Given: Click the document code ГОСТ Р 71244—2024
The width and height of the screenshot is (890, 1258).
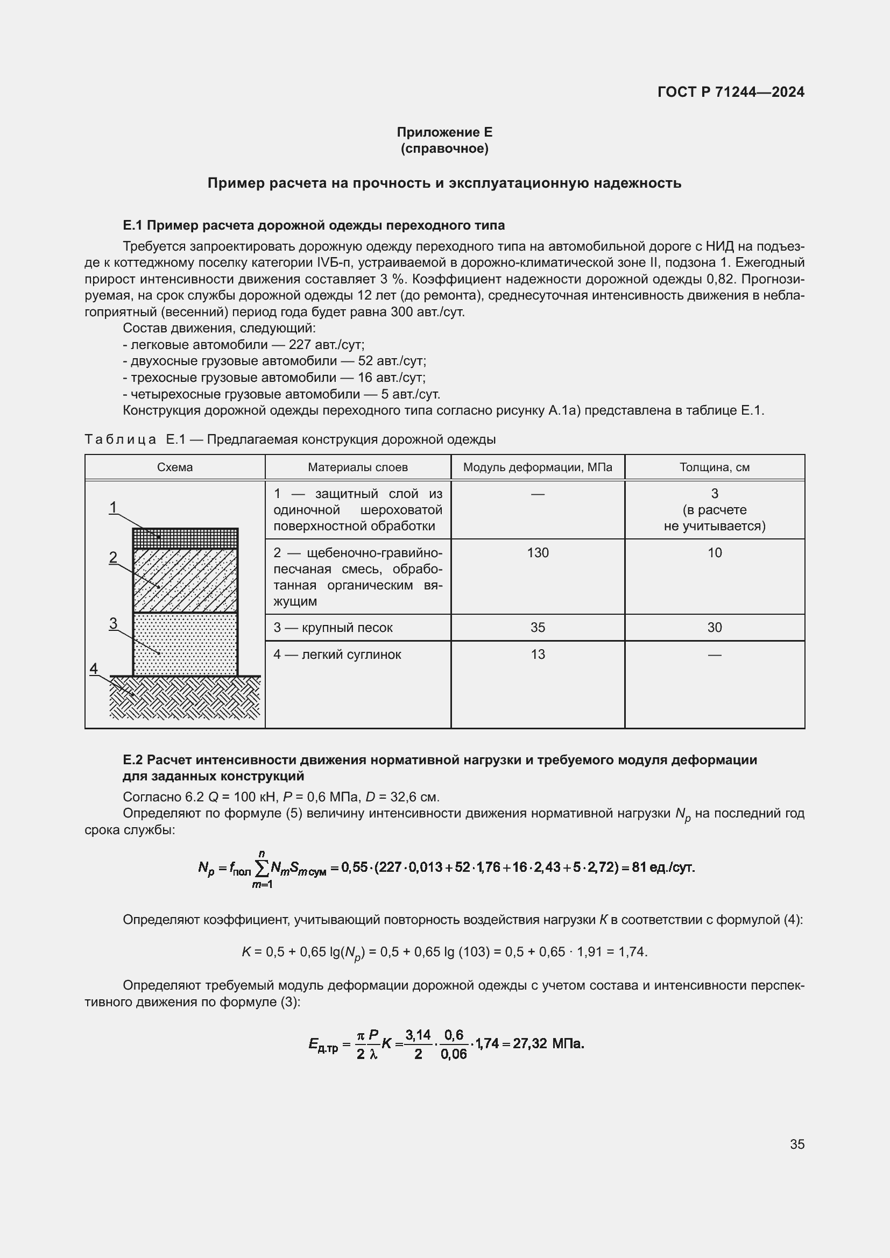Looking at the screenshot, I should tap(731, 92).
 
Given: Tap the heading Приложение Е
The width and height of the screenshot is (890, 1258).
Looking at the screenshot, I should tap(444, 132).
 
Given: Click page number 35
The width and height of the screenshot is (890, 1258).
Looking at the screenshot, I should tap(797, 1144).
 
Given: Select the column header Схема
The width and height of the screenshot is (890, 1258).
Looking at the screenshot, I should tap(175, 467).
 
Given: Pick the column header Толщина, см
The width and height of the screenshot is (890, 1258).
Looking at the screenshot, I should tap(714, 467).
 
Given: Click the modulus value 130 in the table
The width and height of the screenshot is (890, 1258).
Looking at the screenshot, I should tap(538, 553).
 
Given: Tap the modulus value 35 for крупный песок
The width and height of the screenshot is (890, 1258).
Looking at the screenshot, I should tap(538, 627).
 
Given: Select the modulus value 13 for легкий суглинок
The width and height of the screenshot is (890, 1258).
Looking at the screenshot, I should tap(538, 654).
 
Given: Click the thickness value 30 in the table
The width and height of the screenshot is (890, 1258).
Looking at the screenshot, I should tap(714, 627).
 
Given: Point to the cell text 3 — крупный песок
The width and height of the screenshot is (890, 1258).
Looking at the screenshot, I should tap(333, 627).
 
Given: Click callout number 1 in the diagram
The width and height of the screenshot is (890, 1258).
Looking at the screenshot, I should tap(114, 507).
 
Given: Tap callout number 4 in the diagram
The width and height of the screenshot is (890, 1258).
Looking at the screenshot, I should tap(94, 669).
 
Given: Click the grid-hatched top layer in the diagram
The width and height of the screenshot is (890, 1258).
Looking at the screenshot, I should tap(185, 538).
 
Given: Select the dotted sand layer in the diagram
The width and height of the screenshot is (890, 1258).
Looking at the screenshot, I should tap(185, 644).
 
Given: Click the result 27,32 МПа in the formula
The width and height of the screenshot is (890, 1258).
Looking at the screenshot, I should tap(548, 1043).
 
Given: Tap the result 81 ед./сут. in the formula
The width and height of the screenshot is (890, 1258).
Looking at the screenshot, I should tap(663, 868).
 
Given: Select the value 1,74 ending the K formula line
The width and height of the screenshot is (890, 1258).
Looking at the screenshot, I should tap(632, 952).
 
